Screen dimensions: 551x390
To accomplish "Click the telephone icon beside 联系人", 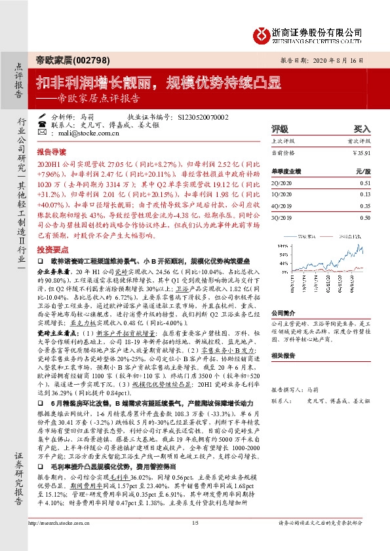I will [x=42, y=124].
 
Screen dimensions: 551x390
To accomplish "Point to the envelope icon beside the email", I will [x=42, y=132].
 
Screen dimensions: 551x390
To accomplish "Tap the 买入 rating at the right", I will [x=362, y=130].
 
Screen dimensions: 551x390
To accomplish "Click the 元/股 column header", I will [x=363, y=171].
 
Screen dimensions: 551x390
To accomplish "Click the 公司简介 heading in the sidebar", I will [x=284, y=313].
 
